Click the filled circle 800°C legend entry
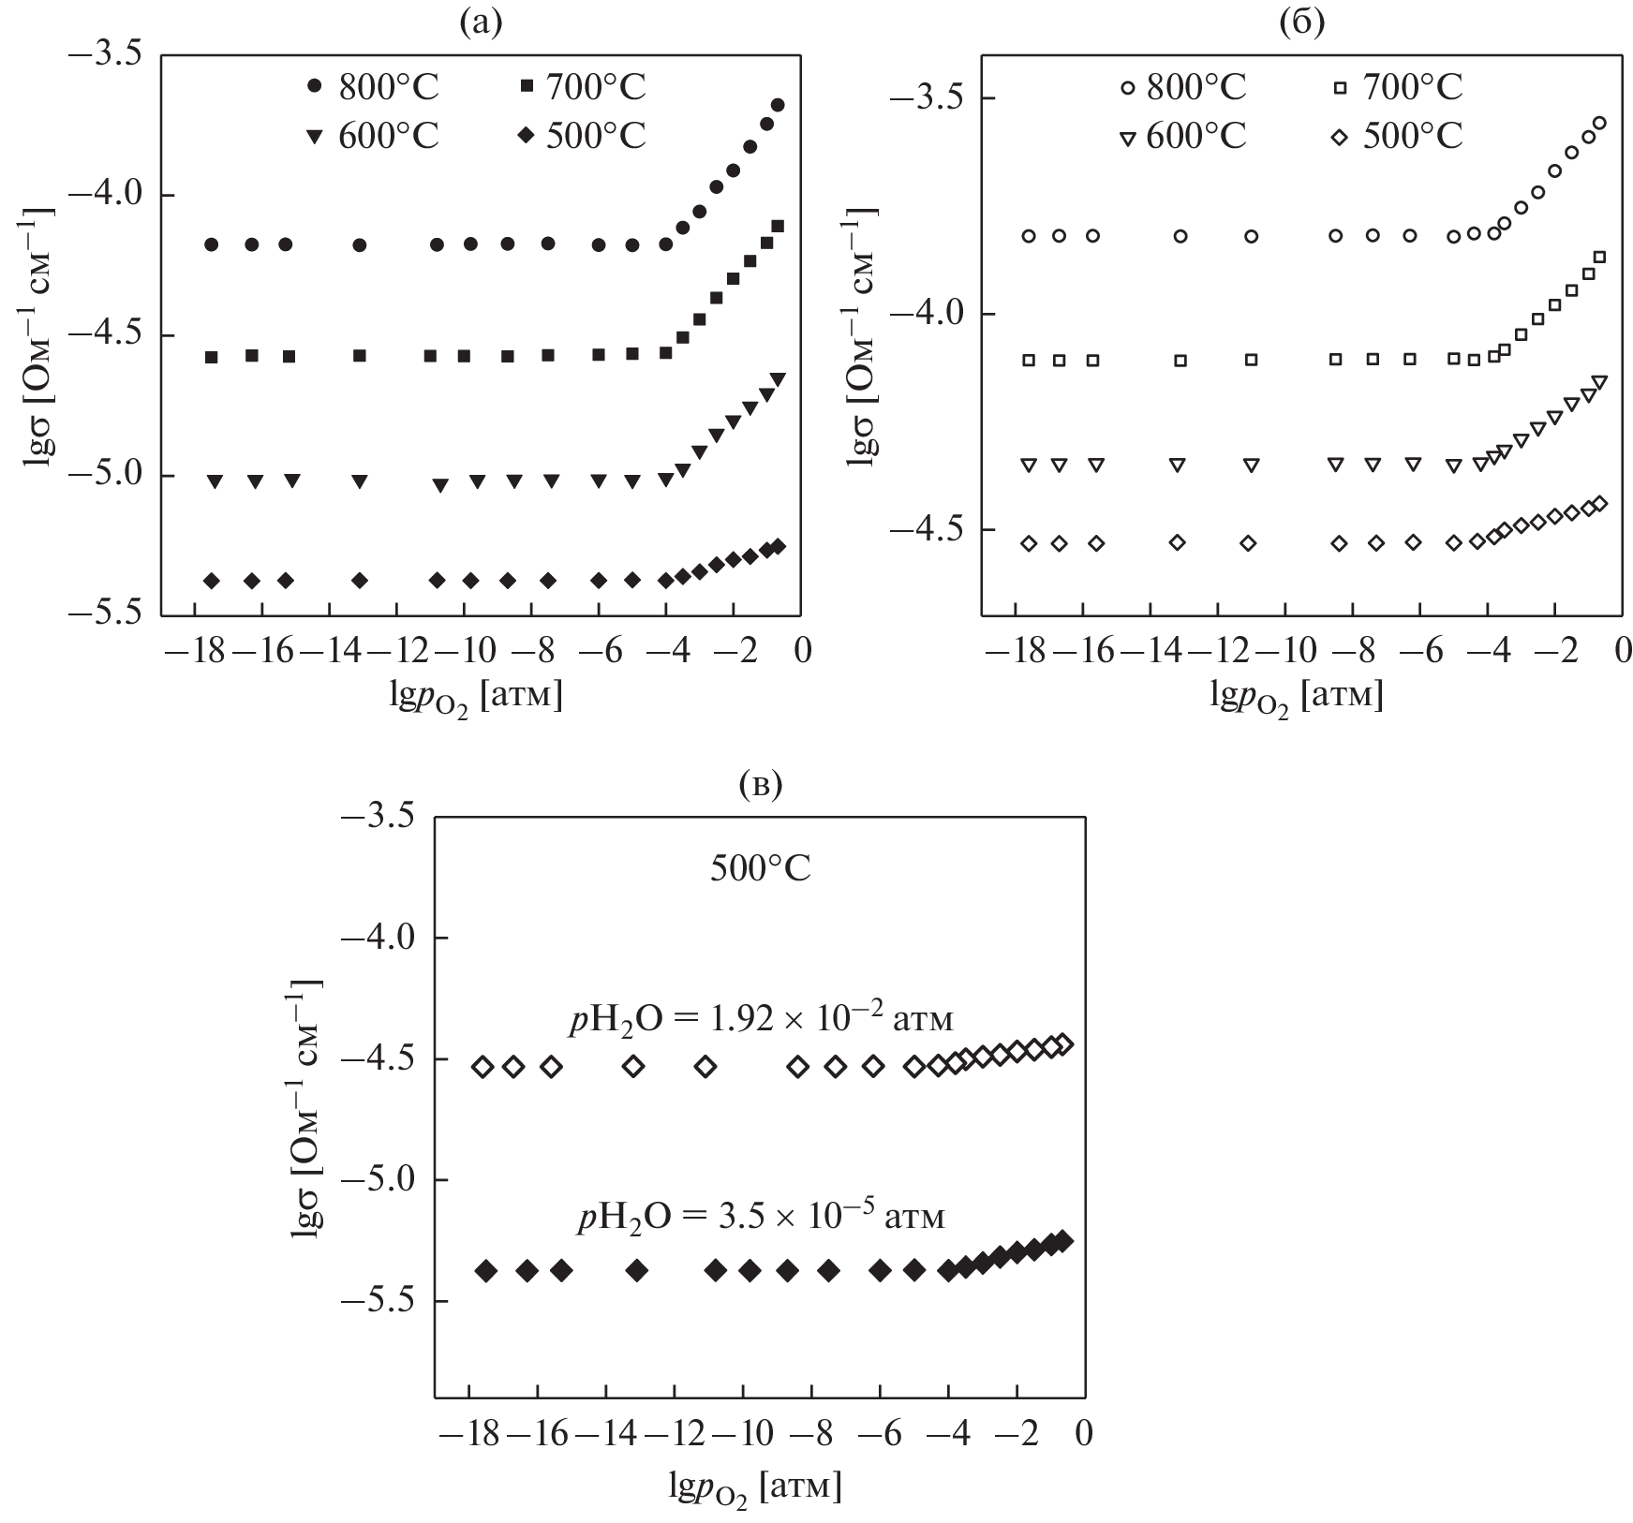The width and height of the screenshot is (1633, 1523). pos(373,87)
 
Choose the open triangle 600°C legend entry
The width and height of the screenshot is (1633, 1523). pos(1184,137)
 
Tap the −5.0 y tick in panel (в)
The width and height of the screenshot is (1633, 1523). pos(379,1180)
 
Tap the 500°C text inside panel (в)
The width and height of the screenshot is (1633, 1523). pos(761,869)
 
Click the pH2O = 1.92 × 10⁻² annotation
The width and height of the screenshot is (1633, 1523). pos(761,1019)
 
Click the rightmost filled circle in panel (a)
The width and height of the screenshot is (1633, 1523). pos(777,105)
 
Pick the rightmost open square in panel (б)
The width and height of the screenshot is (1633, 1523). pos(1599,257)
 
